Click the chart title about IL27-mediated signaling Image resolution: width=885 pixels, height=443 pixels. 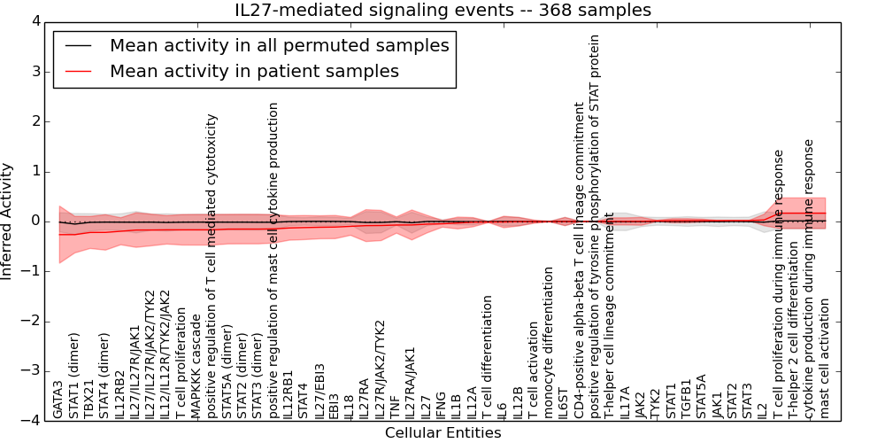click(442, 10)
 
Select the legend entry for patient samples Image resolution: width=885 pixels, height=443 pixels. click(254, 71)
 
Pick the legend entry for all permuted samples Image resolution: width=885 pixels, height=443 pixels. click(279, 45)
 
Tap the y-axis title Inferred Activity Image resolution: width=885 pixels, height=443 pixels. click(8, 221)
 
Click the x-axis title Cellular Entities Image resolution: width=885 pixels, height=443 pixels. click(442, 432)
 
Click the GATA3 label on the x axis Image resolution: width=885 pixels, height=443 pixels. click(58, 400)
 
